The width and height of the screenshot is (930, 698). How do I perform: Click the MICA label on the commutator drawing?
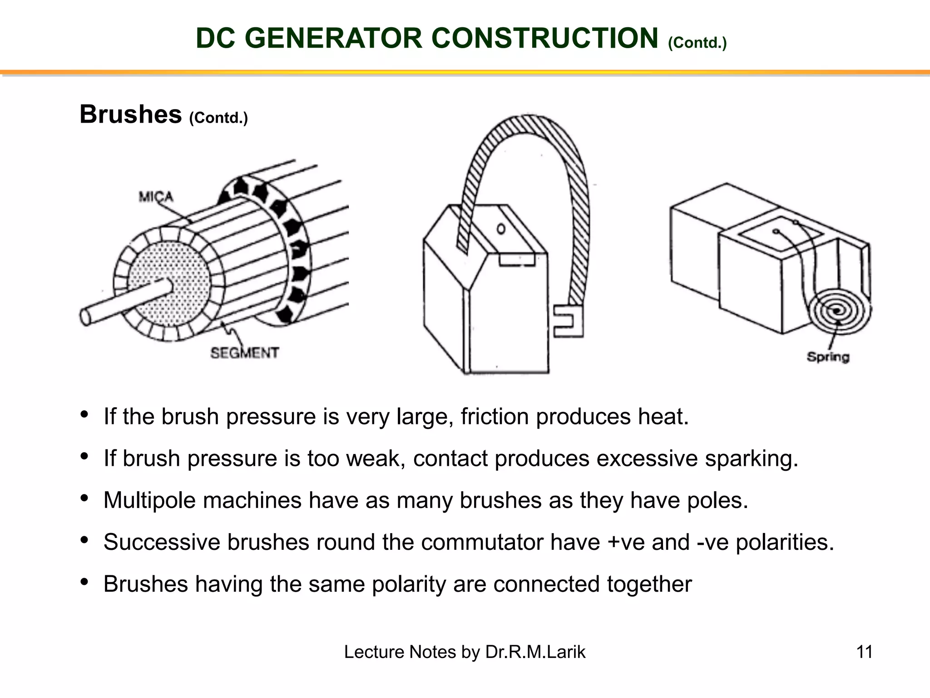pyautogui.click(x=156, y=197)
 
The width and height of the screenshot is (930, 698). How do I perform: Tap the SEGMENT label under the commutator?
pyautogui.click(x=244, y=353)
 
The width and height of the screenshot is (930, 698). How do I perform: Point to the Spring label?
pyautogui.click(x=827, y=357)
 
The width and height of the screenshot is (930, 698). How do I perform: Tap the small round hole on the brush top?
pyautogui.click(x=501, y=229)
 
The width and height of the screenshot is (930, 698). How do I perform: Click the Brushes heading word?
pyautogui.click(x=131, y=115)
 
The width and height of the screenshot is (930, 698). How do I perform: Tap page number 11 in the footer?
pyautogui.click(x=864, y=652)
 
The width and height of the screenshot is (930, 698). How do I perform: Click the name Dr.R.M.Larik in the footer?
pyautogui.click(x=535, y=652)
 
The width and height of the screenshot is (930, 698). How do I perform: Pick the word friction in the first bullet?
pyautogui.click(x=495, y=416)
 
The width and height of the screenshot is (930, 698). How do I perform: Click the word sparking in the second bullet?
pyautogui.click(x=751, y=458)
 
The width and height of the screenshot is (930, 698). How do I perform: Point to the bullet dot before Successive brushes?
pyautogui.click(x=84, y=540)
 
